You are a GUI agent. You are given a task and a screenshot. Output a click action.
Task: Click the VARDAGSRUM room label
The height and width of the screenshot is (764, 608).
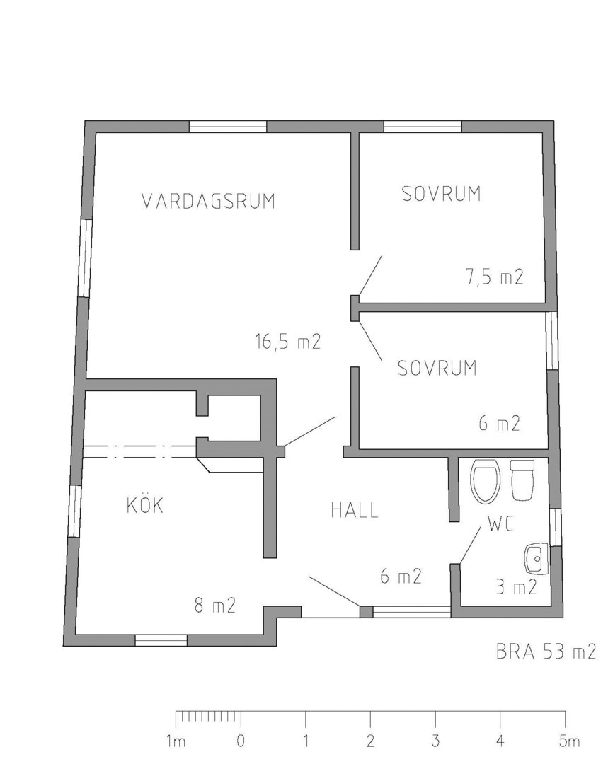point(209,201)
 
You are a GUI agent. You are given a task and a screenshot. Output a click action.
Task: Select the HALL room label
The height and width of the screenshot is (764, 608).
point(355,510)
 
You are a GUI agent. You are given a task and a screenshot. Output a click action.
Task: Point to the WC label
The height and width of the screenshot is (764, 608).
point(500,525)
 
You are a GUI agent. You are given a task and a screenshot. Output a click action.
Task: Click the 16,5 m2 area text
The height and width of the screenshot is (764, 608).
point(287,341)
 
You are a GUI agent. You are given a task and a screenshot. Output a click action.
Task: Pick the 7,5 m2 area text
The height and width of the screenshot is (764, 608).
point(494,277)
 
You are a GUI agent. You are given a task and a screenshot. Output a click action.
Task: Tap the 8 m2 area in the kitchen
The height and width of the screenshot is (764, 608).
point(215,605)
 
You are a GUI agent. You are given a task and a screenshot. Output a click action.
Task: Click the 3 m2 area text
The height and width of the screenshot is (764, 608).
point(516,587)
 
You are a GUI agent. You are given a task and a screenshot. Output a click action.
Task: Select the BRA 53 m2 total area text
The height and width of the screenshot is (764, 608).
point(546,652)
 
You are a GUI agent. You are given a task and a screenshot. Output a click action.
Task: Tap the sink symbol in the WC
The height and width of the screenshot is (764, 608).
point(537,560)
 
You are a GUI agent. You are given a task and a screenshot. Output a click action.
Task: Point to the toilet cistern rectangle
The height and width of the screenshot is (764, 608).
point(522,480)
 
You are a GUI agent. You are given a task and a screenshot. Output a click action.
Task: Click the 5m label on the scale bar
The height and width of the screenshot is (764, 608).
point(569,741)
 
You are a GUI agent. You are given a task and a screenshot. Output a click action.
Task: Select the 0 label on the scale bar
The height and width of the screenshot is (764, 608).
point(241,741)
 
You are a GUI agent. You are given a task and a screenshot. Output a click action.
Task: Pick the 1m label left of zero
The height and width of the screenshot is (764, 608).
point(176,741)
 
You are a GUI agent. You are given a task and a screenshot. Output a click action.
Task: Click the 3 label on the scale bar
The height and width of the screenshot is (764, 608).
point(435,741)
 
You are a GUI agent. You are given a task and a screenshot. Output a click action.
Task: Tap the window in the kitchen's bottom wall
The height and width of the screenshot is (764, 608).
point(161,640)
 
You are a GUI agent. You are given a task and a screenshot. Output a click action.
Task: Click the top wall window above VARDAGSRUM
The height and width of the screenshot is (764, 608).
point(228,127)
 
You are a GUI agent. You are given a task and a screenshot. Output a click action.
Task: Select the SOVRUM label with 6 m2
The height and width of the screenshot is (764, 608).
point(437,368)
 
